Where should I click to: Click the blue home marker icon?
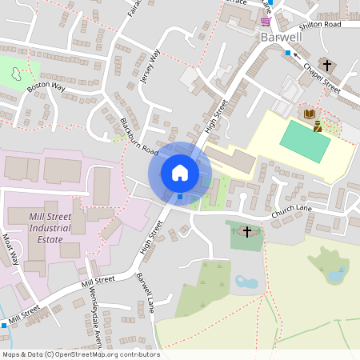click(179, 172)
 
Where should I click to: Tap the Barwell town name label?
click(280, 37)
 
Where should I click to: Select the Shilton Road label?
click(322, 25)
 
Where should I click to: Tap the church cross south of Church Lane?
click(247, 232)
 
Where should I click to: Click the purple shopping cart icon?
click(266, 22)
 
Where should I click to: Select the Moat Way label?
click(11, 250)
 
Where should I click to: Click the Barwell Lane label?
click(145, 293)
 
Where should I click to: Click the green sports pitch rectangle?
click(305, 142)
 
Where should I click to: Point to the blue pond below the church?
click(246, 282)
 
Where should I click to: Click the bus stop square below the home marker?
click(180, 196)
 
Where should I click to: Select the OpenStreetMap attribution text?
click(81, 354)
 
